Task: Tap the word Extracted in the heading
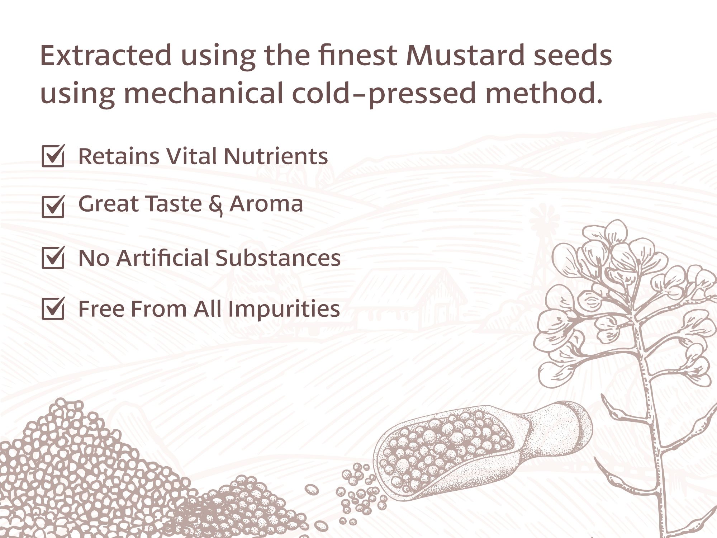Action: (x=106, y=56)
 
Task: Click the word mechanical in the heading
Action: (x=204, y=93)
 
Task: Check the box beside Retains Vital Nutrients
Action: (x=53, y=156)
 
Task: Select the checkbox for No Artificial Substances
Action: (x=53, y=257)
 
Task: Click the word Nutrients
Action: (x=276, y=156)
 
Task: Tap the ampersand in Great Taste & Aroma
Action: (x=215, y=205)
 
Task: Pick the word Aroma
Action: (x=266, y=204)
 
